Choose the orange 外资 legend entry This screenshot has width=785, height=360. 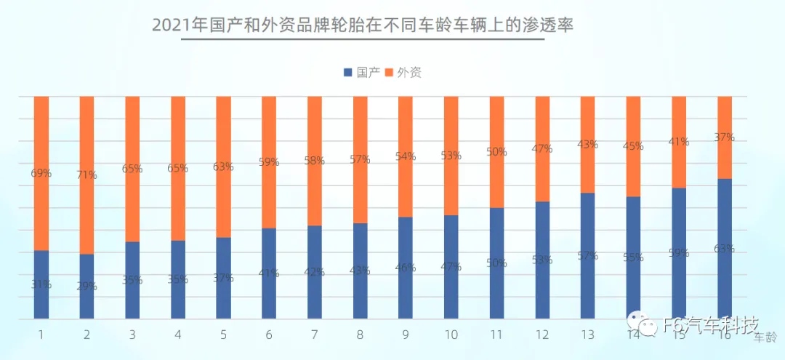[403, 72]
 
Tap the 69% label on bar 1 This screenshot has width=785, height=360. [41, 173]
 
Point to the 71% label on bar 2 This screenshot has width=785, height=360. [86, 176]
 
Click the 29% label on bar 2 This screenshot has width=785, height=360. [86, 286]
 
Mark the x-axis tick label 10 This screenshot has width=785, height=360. [451, 335]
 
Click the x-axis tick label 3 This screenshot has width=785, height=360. [132, 335]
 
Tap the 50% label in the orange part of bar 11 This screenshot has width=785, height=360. [496, 152]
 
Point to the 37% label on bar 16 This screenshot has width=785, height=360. [724, 137]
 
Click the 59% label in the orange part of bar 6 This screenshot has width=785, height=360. [269, 162]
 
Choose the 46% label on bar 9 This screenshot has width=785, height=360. [406, 267]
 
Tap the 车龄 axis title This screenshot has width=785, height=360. [765, 337]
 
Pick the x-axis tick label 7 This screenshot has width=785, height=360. [315, 335]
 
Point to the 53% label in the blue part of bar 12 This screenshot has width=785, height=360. [542, 260]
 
